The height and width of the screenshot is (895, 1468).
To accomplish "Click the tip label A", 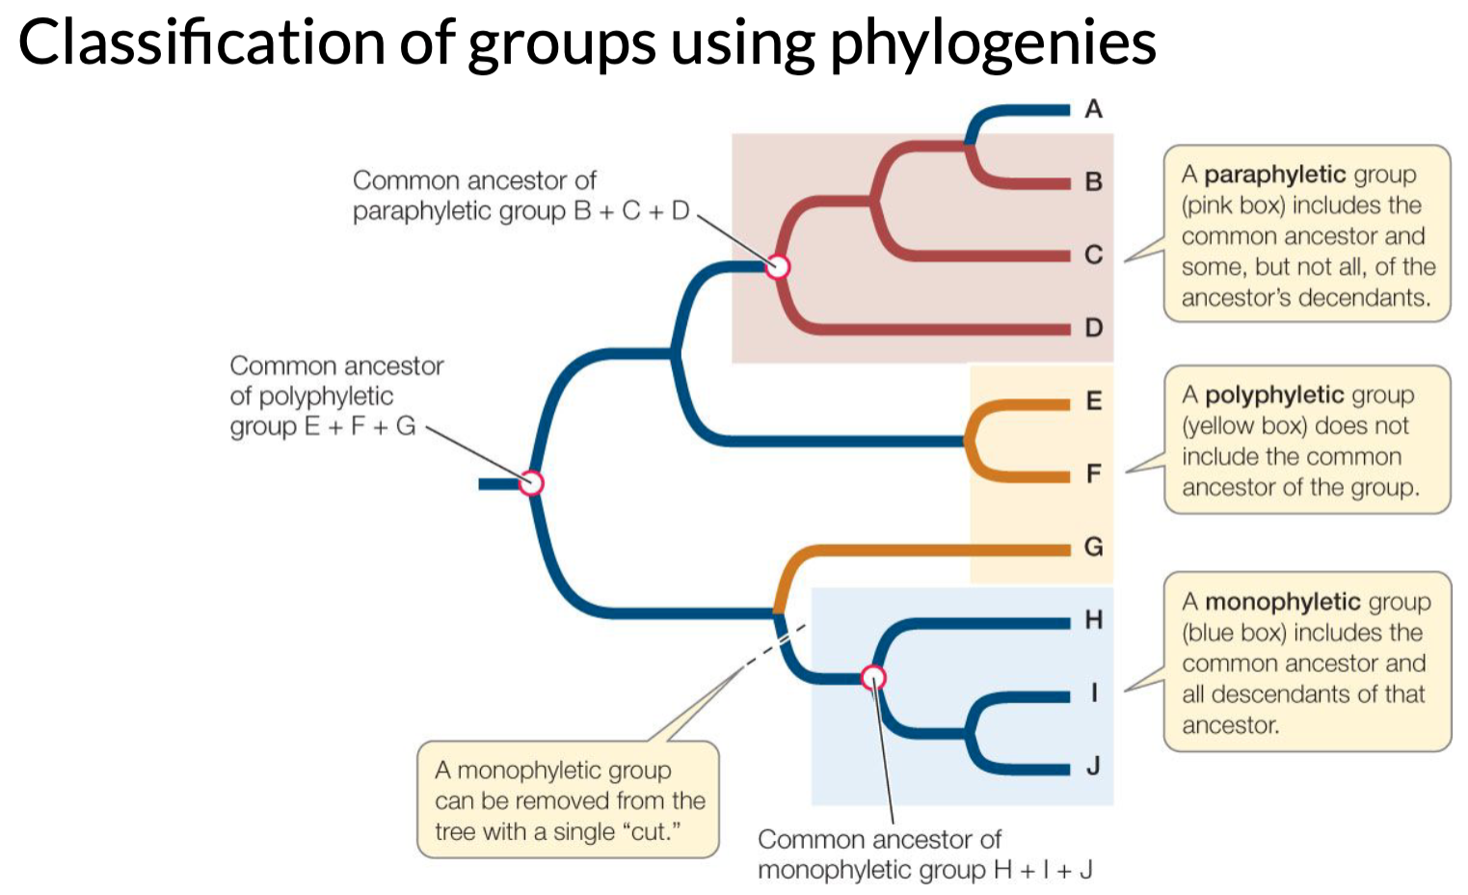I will pyautogui.click(x=1093, y=109).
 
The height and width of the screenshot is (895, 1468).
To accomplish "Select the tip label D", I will pyautogui.click(x=1093, y=328).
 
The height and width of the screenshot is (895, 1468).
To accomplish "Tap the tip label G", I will pyautogui.click(x=1093, y=547).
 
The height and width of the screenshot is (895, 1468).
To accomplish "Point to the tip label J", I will pyautogui.click(x=1093, y=767).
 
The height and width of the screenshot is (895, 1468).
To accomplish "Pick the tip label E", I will pyautogui.click(x=1093, y=401).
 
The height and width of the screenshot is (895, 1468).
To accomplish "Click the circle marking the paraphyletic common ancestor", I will pyautogui.click(x=778, y=266).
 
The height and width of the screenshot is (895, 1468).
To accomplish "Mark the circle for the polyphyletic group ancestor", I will pyautogui.click(x=531, y=482).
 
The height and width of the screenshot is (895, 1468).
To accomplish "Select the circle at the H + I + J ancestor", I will pyautogui.click(x=873, y=678).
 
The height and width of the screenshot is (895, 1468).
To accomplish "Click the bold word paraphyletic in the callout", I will pyautogui.click(x=1274, y=175).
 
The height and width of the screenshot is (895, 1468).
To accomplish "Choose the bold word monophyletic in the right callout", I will pyautogui.click(x=1282, y=602).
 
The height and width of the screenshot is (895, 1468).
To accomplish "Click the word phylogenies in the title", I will pyautogui.click(x=993, y=43).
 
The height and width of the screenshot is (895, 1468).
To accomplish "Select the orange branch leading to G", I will pyautogui.click(x=925, y=550).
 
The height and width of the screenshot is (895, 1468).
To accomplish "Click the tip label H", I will pyautogui.click(x=1093, y=620).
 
